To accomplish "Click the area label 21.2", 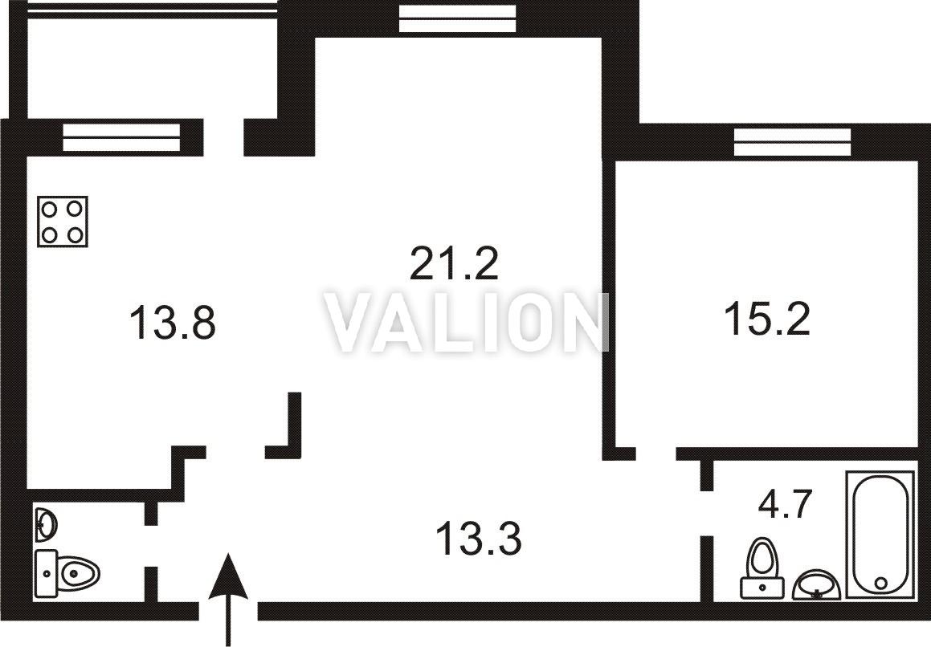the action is [x=454, y=264].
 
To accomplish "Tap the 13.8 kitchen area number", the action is [x=172, y=323].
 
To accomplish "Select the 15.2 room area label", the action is [x=766, y=318].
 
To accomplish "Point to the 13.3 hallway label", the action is [x=479, y=538].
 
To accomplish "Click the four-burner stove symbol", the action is [x=63, y=222].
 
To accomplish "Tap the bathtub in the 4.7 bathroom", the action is [x=880, y=535].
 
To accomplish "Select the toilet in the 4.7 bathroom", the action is [x=763, y=568].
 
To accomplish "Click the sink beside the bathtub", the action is [x=816, y=584].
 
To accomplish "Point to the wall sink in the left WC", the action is [x=47, y=525].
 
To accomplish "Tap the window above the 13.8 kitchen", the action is [x=121, y=137].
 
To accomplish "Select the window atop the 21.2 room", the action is [x=457, y=18].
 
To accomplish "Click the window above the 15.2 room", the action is [x=793, y=142].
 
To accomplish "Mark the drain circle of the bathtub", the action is [x=880, y=584].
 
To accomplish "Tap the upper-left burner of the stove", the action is [x=50, y=209].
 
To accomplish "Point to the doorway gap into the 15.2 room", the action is [x=656, y=454].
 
